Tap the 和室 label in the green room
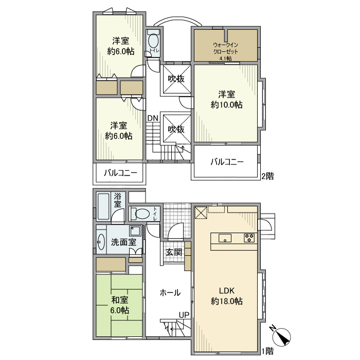119,300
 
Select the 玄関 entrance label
174,252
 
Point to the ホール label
170,293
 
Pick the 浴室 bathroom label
118,200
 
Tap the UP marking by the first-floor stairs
183,315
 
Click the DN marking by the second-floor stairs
152,118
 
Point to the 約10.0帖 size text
227,104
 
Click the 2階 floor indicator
267,176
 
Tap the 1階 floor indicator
267,351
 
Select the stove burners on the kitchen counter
249,238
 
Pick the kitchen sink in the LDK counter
225,238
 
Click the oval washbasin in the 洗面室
101,242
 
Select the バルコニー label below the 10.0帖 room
226,161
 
